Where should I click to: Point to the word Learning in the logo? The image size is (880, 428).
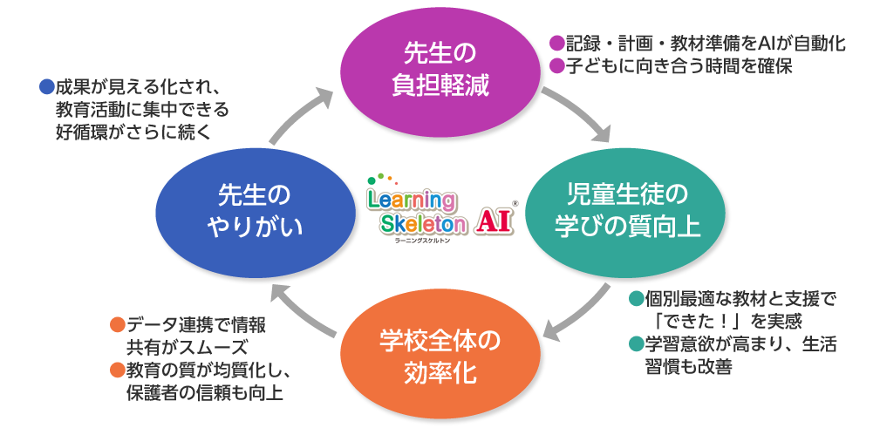coord(411,200)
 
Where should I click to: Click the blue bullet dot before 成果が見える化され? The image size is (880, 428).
coord(48,87)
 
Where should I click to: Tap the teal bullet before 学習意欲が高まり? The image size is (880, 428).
coord(637,343)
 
